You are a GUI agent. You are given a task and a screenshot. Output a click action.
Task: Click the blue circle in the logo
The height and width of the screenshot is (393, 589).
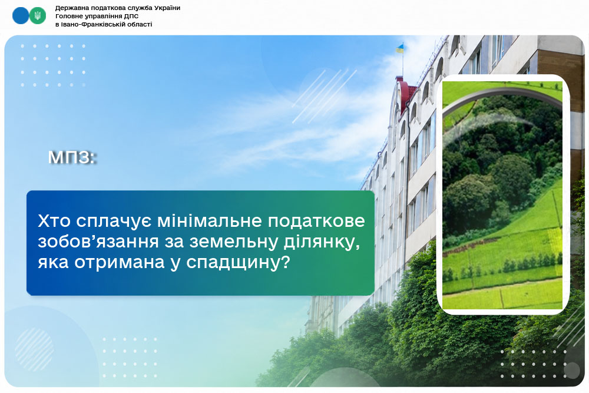click(20, 16)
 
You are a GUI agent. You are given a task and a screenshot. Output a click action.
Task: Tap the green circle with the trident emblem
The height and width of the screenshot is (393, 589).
click(38, 16)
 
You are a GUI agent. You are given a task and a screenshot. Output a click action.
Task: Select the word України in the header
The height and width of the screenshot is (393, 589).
click(167, 8)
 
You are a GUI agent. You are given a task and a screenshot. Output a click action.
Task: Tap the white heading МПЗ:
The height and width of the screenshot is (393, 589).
click(71, 157)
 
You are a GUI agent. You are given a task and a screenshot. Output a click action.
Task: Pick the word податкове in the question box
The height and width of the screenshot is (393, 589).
click(316, 222)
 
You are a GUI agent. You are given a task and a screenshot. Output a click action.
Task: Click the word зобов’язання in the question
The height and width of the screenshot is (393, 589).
click(98, 241)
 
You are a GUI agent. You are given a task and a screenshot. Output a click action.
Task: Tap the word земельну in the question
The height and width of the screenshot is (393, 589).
click(233, 242)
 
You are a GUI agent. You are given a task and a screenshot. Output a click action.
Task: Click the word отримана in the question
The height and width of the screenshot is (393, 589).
click(120, 262)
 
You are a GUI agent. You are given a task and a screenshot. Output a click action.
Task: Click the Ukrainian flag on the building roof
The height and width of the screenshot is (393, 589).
click(399, 48)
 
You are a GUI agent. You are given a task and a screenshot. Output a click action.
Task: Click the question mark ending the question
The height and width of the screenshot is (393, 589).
click(286, 262)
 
